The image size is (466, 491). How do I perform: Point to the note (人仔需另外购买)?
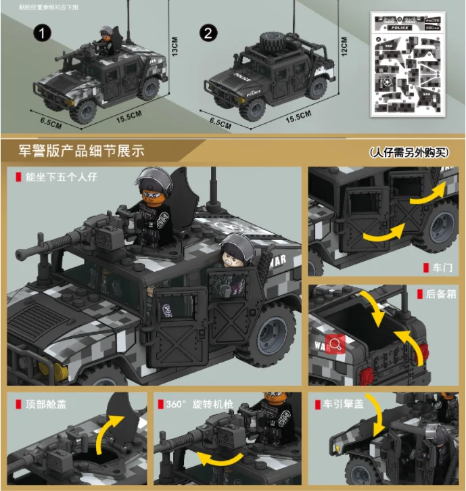click(x=409, y=152)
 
